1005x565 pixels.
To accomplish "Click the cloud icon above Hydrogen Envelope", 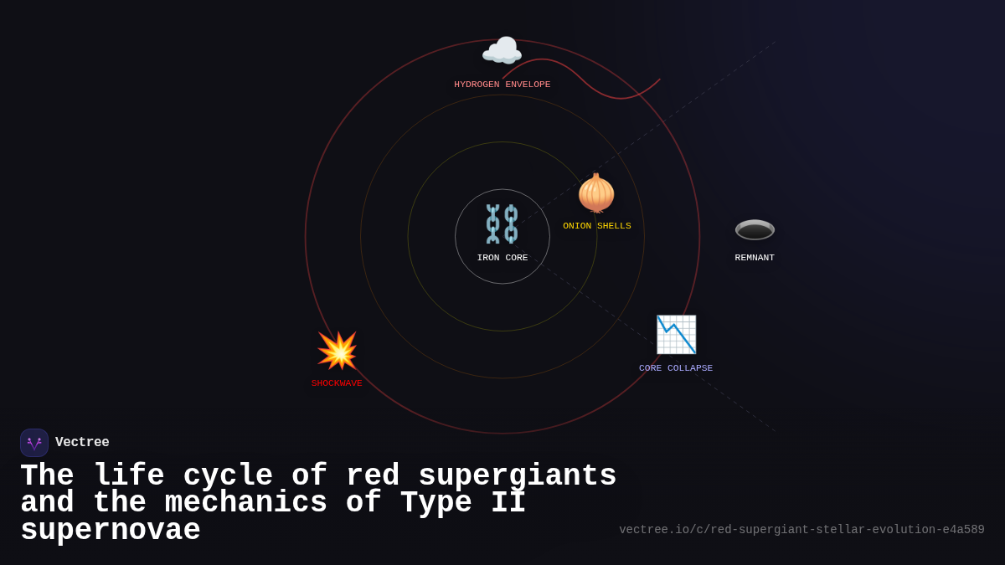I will click(502, 52).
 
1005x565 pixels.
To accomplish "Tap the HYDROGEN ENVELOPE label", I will click(502, 85).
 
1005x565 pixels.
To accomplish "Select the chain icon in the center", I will click(502, 223).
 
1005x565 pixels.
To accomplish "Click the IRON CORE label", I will click(502, 258).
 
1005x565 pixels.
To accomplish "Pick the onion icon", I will click(596, 193).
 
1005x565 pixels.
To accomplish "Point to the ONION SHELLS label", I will click(597, 226).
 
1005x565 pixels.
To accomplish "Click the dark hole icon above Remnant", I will click(755, 229).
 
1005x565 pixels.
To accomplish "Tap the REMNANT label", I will click(755, 258).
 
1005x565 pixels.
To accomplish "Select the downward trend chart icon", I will click(676, 335).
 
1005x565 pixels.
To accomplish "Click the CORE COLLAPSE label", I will click(676, 368).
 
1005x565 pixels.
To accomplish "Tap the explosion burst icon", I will click(338, 351).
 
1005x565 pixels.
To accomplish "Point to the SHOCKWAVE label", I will click(337, 383).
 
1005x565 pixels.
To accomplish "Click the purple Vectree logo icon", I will click(34, 443).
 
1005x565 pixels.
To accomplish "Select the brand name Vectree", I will click(82, 443).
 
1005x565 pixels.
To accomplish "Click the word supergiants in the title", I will click(517, 476).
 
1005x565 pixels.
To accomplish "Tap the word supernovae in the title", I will click(111, 531).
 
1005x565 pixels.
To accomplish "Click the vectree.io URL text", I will click(801, 530).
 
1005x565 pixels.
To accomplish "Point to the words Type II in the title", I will click(462, 503).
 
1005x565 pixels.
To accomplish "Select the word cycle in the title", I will click(228, 476).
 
